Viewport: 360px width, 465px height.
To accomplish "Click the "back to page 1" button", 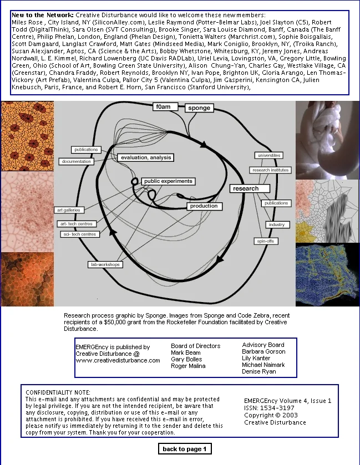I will tap(185, 448).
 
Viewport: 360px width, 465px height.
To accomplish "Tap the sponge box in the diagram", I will tap(199, 108).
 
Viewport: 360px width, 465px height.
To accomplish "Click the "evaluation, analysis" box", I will tap(145, 157).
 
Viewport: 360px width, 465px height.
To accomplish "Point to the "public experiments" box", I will tap(168, 181).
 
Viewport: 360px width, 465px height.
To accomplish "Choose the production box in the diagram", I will tap(204, 206).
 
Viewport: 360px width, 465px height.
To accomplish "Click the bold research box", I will tap(246, 188).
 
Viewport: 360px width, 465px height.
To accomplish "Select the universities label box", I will tap(269, 155).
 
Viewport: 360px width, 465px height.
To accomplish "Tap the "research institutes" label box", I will tap(270, 170).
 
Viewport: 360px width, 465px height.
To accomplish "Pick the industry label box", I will tap(276, 224).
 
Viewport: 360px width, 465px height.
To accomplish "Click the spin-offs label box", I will tap(266, 241).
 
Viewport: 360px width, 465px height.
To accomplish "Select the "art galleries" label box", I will tap(69, 210).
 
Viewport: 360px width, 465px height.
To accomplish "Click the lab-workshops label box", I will tap(105, 264).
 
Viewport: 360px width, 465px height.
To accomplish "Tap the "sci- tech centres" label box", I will tap(80, 234).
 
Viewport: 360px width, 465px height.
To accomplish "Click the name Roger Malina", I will tap(188, 366).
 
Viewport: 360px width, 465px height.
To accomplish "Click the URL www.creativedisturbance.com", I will tap(118, 360).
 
